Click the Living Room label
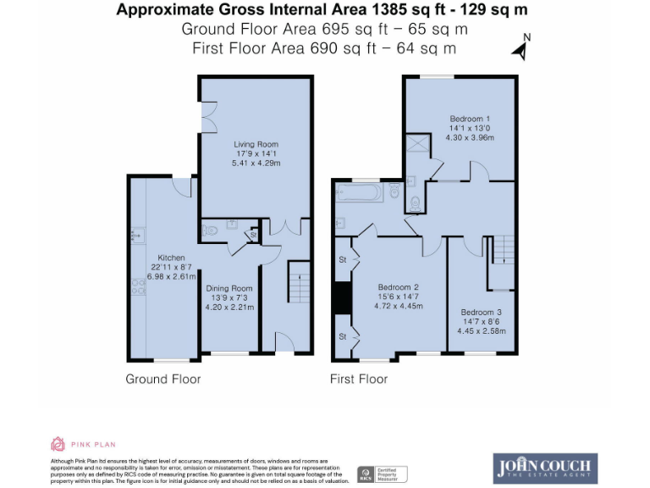point(256,144)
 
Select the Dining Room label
point(229,288)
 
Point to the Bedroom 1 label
point(470,119)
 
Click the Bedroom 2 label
point(398,287)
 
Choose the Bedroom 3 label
point(482,312)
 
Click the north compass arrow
point(521,48)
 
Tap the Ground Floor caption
point(163,379)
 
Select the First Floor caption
point(359,379)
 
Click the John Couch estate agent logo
point(545,468)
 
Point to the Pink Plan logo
point(83,443)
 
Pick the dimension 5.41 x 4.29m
point(256,163)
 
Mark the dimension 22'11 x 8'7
point(171,267)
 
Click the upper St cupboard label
point(344,258)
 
